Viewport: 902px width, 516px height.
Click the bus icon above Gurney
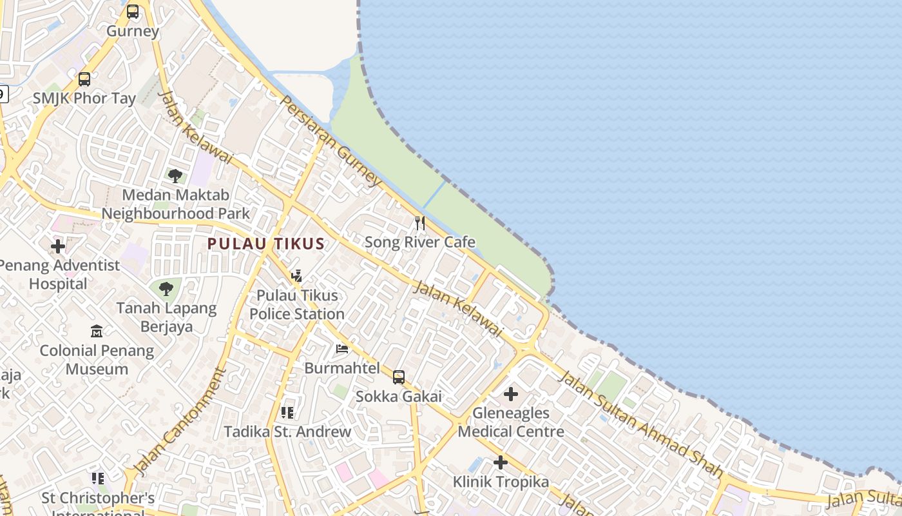pyautogui.click(x=133, y=12)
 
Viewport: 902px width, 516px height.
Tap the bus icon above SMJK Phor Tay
pyautogui.click(x=84, y=79)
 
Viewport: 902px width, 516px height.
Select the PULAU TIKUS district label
pyautogui.click(x=265, y=244)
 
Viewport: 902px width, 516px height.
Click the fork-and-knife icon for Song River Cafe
pyautogui.click(x=420, y=223)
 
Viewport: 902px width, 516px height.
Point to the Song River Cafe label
pyautogui.click(x=420, y=243)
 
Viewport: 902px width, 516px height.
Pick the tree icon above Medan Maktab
pyautogui.click(x=175, y=175)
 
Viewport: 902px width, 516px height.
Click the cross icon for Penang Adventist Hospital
pyautogui.click(x=58, y=246)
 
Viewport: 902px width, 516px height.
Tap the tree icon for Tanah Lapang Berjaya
pyautogui.click(x=166, y=289)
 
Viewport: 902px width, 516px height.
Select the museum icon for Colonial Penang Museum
pyautogui.click(x=97, y=332)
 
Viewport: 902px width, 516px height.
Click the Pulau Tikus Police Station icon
pyautogui.click(x=296, y=276)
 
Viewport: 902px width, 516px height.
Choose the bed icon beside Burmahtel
pyautogui.click(x=342, y=349)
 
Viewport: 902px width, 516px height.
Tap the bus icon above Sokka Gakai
pyautogui.click(x=399, y=377)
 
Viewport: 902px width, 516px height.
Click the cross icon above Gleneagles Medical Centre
pyautogui.click(x=511, y=394)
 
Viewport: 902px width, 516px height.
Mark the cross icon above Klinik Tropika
pyautogui.click(x=501, y=462)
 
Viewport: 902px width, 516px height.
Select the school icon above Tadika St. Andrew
pyautogui.click(x=287, y=412)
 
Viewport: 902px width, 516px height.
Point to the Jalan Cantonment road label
pyautogui.click(x=179, y=421)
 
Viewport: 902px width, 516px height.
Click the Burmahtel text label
pyautogui.click(x=342, y=368)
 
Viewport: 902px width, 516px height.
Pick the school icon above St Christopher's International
pyautogui.click(x=98, y=479)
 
